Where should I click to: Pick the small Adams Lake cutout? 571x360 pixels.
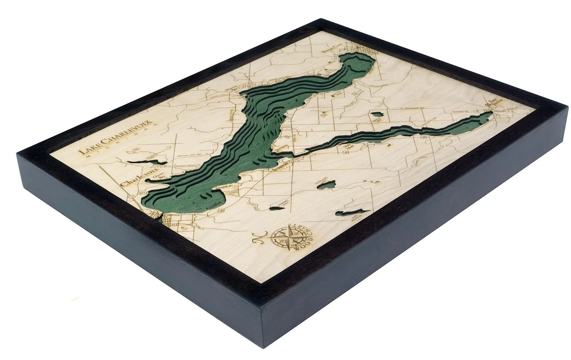tap(278, 207)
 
